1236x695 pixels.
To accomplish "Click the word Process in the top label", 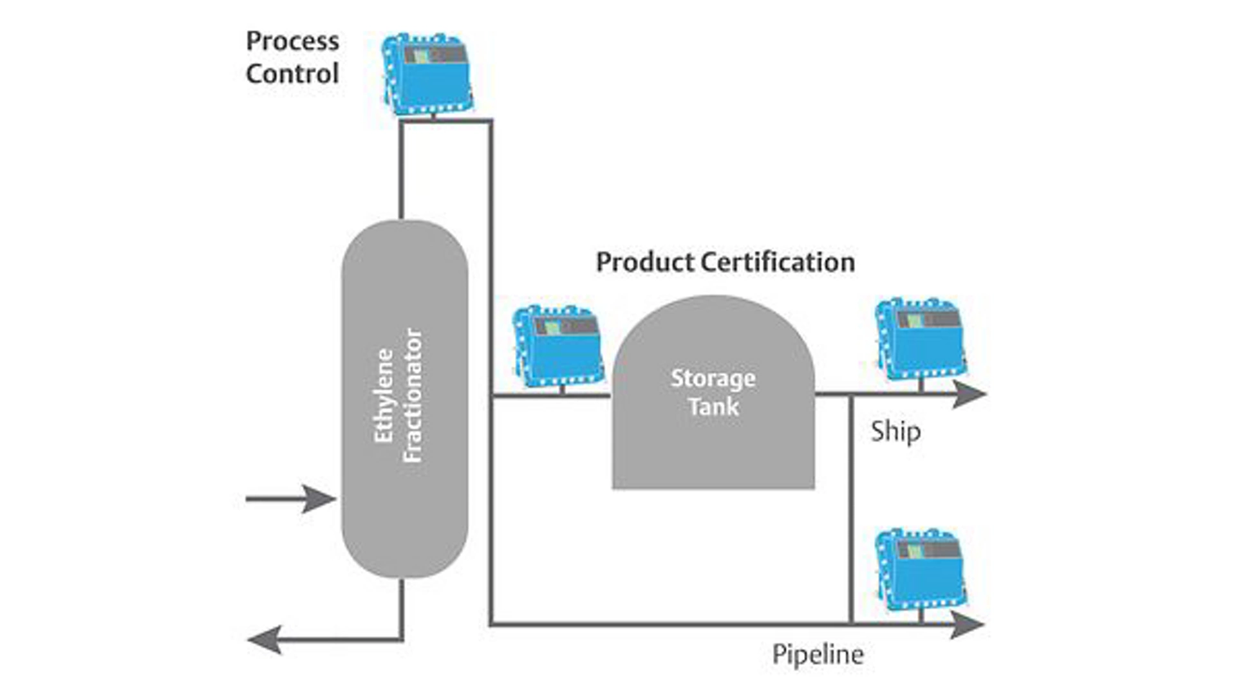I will click(292, 42).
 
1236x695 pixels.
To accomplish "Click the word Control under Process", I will click(292, 74).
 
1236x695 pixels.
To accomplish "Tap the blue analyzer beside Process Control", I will click(427, 75).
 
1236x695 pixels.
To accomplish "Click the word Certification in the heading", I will click(778, 263).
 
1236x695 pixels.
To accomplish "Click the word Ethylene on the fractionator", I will click(384, 396).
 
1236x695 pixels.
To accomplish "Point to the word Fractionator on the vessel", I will click(413, 396).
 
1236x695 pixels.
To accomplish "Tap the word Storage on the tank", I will click(713, 378).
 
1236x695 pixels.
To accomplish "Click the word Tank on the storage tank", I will click(713, 407).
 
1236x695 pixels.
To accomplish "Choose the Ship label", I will click(895, 432).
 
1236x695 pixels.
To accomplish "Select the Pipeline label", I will click(818, 655).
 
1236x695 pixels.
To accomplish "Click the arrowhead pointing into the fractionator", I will click(319, 499).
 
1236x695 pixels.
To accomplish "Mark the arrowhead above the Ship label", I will click(969, 394).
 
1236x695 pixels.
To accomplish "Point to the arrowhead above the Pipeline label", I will click(968, 625).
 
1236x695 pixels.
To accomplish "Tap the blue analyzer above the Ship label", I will click(921, 338).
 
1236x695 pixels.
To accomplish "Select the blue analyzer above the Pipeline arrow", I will click(921, 569).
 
